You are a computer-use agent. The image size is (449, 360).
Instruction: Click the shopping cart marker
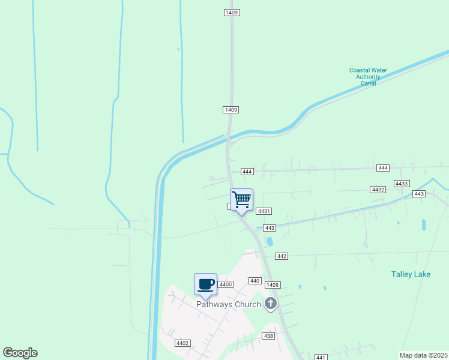click(241, 200)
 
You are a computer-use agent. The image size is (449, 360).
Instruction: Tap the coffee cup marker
click(205, 284)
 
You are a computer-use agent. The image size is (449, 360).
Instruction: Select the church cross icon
click(271, 304)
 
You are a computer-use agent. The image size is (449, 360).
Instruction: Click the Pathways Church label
click(229, 304)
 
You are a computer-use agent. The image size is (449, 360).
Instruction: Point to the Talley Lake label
click(411, 274)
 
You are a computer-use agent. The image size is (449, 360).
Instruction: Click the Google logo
click(20, 353)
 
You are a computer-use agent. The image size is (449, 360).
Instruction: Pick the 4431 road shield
click(265, 211)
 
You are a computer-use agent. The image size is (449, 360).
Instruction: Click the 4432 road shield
click(378, 189)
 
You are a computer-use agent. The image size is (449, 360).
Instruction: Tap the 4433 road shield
click(402, 183)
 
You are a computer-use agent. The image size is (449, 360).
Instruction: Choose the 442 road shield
click(282, 256)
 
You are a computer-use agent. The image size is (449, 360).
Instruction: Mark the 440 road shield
click(255, 281)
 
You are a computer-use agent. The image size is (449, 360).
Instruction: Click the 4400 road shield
click(226, 284)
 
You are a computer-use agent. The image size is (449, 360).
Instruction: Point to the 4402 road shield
click(182, 343)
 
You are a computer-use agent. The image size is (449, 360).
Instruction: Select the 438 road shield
click(268, 336)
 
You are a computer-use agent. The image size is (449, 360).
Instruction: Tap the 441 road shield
click(321, 356)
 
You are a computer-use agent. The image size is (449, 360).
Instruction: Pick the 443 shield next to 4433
click(419, 193)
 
